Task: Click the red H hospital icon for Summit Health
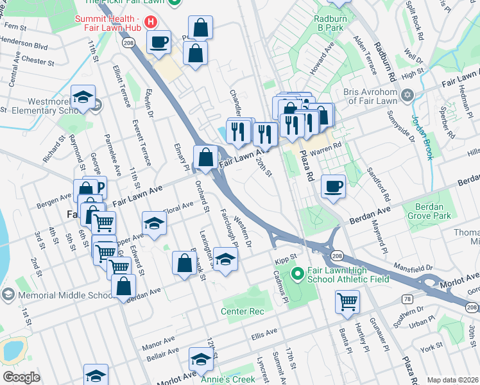click(150, 22)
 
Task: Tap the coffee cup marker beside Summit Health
click(159, 43)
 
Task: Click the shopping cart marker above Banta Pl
click(347, 301)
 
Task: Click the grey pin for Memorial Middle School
click(8, 295)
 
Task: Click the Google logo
click(21, 377)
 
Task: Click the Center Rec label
click(243, 312)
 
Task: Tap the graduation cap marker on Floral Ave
click(153, 225)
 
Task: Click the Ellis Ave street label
click(264, 333)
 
